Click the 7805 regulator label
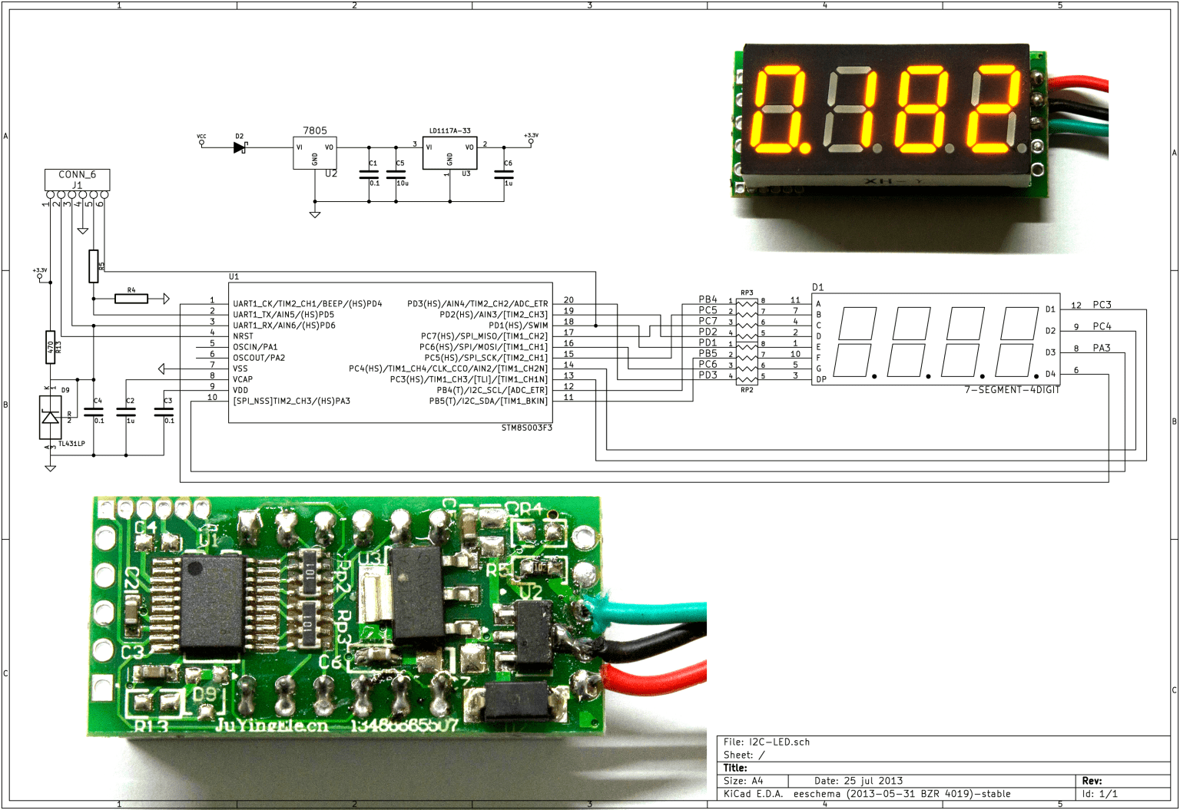tap(314, 131)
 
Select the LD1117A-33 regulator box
tap(449, 153)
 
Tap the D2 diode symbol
tap(240, 147)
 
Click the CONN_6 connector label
tap(77, 174)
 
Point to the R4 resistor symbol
tap(131, 299)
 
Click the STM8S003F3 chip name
tap(526, 428)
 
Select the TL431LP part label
tap(71, 444)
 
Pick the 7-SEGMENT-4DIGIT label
tap(1012, 390)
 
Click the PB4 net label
tap(708, 299)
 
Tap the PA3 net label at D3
tap(1102, 348)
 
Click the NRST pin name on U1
tap(243, 336)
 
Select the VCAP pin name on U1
tap(243, 379)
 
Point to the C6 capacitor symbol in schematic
tap(504, 174)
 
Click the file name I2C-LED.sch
tap(779, 742)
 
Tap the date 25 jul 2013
tap(873, 780)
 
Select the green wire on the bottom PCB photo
tap(653, 611)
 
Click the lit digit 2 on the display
tap(996, 108)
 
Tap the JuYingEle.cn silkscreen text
tap(271, 726)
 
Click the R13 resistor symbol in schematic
tap(50, 347)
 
